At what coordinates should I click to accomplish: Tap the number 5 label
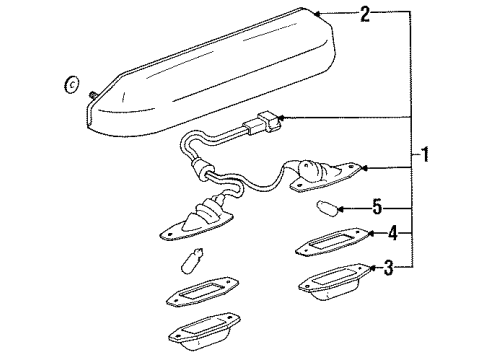(376, 208)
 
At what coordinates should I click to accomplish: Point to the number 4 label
(393, 236)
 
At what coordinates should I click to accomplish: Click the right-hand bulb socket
(318, 173)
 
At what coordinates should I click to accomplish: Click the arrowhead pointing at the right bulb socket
(363, 169)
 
